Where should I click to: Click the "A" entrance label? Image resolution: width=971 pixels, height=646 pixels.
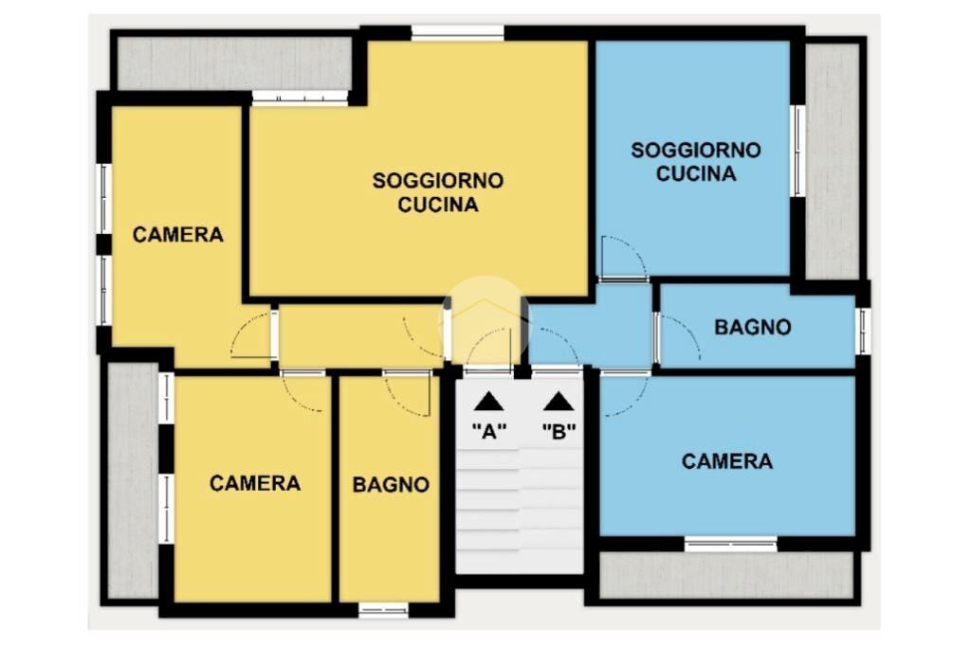coord(489,430)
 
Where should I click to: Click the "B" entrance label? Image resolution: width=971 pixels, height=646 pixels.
coord(559,430)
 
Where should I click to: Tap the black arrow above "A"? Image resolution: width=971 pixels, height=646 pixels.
coord(489,402)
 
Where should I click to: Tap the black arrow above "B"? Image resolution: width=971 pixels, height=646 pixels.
coord(559,402)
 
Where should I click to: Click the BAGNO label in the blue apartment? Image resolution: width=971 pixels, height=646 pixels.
coord(752,327)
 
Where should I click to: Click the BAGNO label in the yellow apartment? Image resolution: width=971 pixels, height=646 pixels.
coord(391,484)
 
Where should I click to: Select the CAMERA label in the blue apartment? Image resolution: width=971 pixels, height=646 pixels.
coord(727,461)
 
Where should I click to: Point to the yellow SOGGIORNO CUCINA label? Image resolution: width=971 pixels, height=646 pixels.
coord(438,192)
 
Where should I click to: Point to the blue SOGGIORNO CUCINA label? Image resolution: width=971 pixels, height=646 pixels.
coord(696,161)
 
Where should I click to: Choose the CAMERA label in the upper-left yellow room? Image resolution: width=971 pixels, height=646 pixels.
coord(177,235)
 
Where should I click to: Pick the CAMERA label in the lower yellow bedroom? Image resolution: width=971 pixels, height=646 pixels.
coord(254,483)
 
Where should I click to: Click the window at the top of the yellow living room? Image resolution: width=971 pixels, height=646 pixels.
coord(458,33)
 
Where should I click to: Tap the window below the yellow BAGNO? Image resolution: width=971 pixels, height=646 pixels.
coord(383,610)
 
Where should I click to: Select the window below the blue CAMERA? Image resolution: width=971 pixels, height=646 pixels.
coord(731,545)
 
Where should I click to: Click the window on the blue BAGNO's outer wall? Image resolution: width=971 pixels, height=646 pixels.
coord(863,331)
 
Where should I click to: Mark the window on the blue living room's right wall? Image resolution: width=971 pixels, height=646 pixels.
coord(798,152)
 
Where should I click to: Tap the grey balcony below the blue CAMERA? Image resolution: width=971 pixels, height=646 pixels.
coord(727,576)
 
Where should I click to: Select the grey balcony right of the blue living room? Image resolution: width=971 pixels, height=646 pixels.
coord(833,161)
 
